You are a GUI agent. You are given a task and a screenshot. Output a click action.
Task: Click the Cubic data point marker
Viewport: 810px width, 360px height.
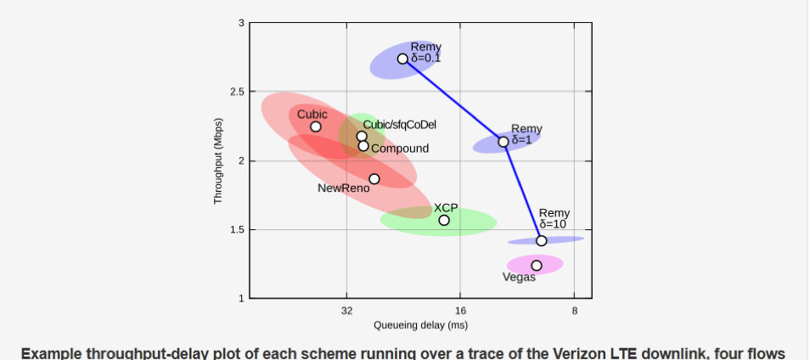316,127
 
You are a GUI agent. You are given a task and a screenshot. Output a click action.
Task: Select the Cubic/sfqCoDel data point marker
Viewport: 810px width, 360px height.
362,137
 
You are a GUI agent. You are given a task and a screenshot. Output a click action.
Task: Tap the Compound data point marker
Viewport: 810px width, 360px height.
363,146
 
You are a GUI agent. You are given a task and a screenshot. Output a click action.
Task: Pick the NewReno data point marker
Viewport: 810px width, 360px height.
374,178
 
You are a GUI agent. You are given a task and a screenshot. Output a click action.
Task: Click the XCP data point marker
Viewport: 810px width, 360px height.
444,220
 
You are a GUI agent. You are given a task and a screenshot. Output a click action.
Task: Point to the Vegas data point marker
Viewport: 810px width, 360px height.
537,266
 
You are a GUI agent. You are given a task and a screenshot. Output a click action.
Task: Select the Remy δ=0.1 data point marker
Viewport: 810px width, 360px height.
402,59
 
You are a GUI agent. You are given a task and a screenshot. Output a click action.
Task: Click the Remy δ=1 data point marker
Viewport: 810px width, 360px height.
503,142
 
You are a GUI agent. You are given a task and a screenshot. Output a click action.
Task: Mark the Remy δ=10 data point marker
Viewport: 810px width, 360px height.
541,240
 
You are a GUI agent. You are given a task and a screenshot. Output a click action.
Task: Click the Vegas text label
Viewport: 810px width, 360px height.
519,278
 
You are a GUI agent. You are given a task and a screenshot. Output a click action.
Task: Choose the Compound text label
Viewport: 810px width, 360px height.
400,149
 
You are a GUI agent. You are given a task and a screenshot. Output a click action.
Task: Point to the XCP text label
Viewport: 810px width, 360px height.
446,208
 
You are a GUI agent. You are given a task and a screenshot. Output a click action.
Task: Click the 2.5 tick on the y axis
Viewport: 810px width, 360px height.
238,92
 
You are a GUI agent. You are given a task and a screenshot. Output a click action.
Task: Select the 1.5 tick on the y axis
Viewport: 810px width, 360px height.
238,230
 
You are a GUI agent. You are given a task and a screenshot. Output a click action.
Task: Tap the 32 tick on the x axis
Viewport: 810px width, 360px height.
346,311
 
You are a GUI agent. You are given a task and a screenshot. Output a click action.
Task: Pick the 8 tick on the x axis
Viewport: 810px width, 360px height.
575,311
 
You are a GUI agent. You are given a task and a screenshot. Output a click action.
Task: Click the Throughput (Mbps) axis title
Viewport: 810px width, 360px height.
218,160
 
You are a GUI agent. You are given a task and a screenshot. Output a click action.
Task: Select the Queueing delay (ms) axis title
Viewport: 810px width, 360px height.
420,325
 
